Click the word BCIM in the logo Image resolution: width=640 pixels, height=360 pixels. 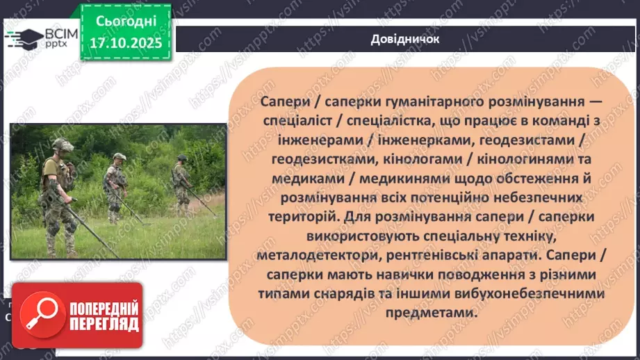tap(59, 33)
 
